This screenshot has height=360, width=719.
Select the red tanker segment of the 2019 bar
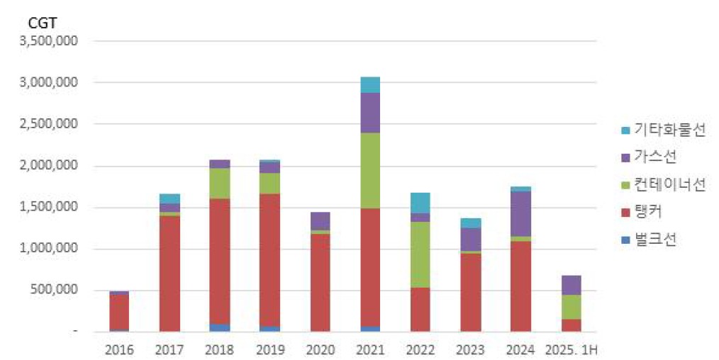(x=270, y=259)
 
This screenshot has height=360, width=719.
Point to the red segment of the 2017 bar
(x=170, y=274)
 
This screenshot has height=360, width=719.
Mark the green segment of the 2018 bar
(x=220, y=183)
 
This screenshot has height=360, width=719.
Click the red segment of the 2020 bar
(x=320, y=282)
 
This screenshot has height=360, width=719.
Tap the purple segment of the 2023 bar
(x=470, y=239)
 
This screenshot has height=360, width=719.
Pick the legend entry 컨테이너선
(x=660, y=184)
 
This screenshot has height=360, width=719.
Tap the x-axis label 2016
(x=119, y=349)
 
